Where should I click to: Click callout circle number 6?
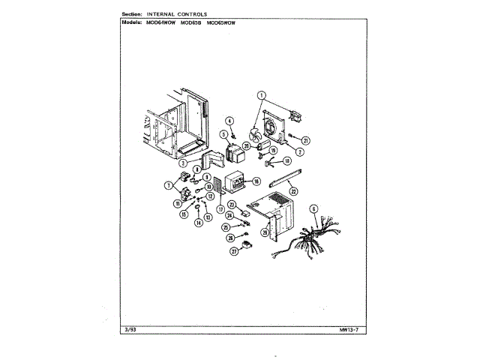tap(314, 208)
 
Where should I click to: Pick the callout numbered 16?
tap(256, 181)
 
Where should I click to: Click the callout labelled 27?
tap(234, 253)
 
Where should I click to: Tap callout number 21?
tap(306, 140)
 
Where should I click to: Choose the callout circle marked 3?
tap(182, 162)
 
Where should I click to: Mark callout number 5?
tap(223, 134)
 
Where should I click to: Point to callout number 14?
tap(199, 223)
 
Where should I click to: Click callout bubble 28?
tap(264, 232)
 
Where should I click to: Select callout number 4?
tap(231, 120)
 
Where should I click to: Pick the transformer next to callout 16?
tap(238, 184)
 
